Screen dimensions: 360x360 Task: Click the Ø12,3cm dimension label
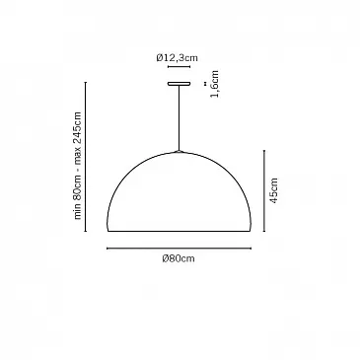click(x=178, y=58)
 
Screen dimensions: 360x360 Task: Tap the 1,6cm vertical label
click(x=215, y=84)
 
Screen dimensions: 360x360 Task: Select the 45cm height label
click(x=274, y=190)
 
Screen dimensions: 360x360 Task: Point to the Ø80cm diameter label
click(x=179, y=258)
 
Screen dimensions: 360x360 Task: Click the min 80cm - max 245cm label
click(x=77, y=166)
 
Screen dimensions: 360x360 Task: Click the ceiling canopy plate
click(x=179, y=84)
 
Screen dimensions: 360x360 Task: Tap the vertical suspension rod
click(x=179, y=118)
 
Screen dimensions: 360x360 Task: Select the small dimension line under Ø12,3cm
click(x=179, y=67)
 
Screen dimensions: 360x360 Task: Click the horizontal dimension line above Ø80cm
click(x=180, y=249)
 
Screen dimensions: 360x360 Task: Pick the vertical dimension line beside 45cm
click(x=264, y=190)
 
